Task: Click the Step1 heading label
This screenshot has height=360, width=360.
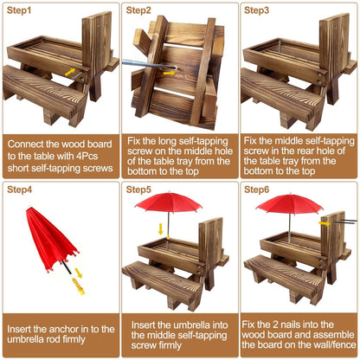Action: (x=19, y=10)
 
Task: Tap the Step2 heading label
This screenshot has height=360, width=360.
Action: (x=138, y=10)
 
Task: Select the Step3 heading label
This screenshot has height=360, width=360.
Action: (x=256, y=10)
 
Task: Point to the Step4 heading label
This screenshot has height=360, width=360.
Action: (x=19, y=190)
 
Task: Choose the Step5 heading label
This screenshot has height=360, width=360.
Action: (x=138, y=190)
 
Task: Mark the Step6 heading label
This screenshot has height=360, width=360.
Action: (x=256, y=190)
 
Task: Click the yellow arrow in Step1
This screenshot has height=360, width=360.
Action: (x=70, y=72)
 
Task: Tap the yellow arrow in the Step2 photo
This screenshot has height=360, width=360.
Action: (x=169, y=73)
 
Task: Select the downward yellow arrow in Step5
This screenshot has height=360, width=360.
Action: (x=161, y=229)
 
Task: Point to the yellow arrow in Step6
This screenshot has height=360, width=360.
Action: (x=325, y=223)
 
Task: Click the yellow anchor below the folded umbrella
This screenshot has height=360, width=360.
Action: (x=79, y=286)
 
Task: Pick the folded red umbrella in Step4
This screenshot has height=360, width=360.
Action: (x=51, y=239)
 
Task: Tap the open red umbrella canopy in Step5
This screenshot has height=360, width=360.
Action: (x=169, y=202)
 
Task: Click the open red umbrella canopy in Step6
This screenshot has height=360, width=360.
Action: (x=289, y=203)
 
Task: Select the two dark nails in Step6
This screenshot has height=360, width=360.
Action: (x=346, y=222)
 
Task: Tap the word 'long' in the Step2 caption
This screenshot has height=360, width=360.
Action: (x=168, y=142)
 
